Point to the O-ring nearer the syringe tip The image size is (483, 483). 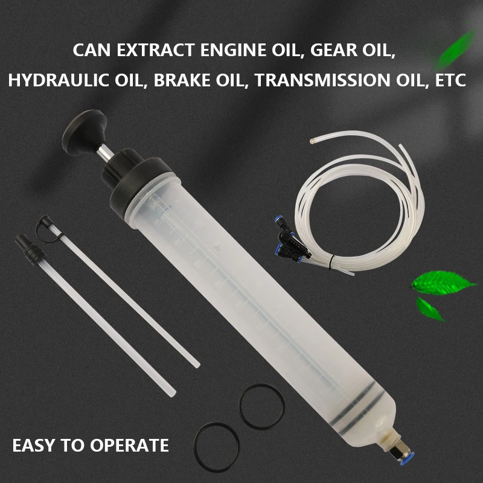(262, 406)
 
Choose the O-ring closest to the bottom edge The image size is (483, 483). (217, 447)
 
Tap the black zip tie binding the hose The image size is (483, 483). (330, 262)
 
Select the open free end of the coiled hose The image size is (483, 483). (312, 141)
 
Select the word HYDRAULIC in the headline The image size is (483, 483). (59, 80)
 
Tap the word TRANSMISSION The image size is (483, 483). (322, 80)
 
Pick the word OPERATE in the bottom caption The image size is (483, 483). (129, 445)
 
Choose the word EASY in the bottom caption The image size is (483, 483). (34, 445)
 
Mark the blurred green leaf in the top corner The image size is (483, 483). (456, 46)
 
